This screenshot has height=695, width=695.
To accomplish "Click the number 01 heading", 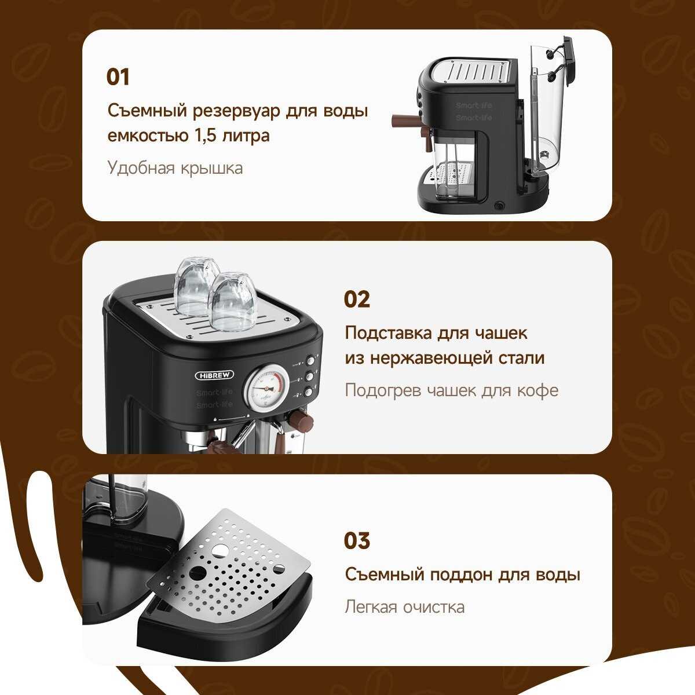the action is (118, 77).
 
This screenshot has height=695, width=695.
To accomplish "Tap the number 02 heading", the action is (357, 299).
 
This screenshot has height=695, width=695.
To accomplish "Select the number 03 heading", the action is (357, 540).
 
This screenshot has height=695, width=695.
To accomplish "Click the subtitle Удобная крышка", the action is (175, 169).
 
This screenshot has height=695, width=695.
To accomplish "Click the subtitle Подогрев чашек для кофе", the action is (452, 390).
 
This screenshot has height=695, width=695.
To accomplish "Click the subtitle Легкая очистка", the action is (405, 606).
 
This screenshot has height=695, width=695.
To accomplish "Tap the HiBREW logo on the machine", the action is (214, 375).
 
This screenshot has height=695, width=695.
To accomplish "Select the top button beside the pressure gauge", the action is (310, 361).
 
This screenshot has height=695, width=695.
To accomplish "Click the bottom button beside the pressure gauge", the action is (309, 392).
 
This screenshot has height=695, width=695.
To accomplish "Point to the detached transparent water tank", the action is (547, 108).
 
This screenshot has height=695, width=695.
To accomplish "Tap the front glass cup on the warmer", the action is (232, 302).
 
